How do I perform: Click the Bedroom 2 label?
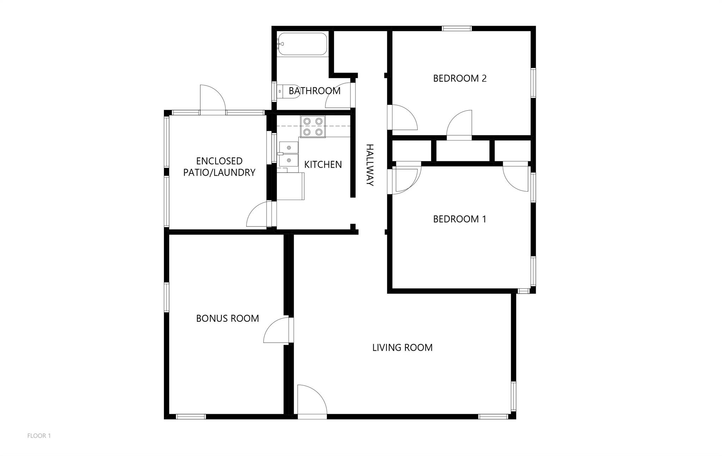(460, 78)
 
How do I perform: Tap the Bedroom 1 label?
(460, 219)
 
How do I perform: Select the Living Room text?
(402, 348)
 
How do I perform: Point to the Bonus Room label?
(227, 318)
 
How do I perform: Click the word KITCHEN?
(323, 164)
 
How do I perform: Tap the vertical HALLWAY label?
(369, 165)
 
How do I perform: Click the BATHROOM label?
(314, 91)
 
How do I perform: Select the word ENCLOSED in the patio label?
(219, 161)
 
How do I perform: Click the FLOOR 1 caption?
(39, 436)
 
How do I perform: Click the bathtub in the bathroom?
(302, 44)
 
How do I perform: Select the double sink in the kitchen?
(289, 154)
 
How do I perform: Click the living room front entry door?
(312, 400)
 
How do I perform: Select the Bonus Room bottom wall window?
(191, 417)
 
